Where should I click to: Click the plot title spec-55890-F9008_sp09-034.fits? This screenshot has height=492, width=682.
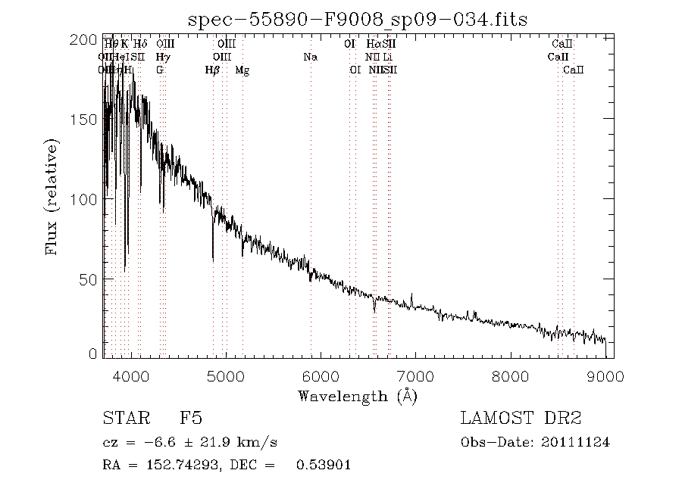click(x=358, y=18)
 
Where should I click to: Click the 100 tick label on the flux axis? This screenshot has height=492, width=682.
click(x=86, y=199)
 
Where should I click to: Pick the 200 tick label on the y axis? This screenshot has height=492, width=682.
click(x=86, y=40)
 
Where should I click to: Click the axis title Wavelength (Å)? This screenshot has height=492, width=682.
click(x=358, y=396)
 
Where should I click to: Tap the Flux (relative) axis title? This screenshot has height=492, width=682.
click(x=52, y=197)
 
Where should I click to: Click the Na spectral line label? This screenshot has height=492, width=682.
click(x=310, y=57)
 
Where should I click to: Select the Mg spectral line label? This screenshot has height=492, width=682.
click(x=242, y=70)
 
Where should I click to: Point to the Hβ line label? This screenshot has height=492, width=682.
click(x=213, y=70)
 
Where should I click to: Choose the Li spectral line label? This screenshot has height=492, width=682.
click(x=387, y=57)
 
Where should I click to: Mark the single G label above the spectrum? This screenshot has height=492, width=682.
click(x=160, y=70)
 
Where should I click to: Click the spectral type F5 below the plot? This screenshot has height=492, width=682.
click(x=190, y=419)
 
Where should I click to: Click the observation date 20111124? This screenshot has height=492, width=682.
click(x=579, y=442)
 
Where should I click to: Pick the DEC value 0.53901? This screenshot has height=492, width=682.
click(x=327, y=465)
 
